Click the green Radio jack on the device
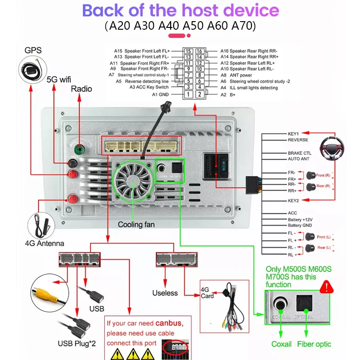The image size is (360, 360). click(79, 149)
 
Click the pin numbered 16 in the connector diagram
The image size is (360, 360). click(199, 51)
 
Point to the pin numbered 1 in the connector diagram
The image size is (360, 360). click(189, 94)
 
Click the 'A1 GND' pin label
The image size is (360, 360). click(160, 94)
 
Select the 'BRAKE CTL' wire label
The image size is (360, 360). click(299, 153)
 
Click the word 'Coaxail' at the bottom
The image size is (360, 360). click(281, 344)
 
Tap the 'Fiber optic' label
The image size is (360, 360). click(314, 344)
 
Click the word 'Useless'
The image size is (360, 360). click(165, 293)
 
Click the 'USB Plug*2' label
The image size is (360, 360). click(76, 344)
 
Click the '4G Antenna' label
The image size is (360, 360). click(45, 243)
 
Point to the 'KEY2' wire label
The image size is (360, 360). click(293, 200)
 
